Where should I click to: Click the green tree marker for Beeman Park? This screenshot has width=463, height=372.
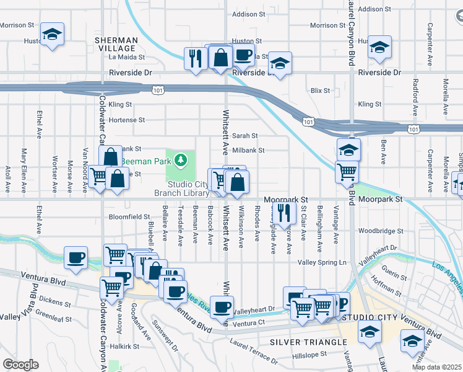(x=181, y=161)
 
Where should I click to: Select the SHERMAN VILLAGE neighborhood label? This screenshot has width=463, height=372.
(x=115, y=43)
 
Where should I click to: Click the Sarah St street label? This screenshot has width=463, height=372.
(x=245, y=136)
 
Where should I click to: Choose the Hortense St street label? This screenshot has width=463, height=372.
(x=126, y=120)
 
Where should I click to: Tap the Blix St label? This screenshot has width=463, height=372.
(x=320, y=91)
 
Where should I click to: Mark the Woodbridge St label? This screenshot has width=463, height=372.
(x=377, y=231)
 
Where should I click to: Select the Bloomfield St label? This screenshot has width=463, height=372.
(x=129, y=217)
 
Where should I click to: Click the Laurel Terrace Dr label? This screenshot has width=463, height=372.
(x=253, y=350)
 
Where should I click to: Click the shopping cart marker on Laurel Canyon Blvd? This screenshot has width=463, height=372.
(x=347, y=171)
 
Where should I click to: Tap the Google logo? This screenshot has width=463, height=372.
(x=20, y=365)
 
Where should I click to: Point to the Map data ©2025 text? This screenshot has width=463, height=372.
(x=436, y=367)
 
